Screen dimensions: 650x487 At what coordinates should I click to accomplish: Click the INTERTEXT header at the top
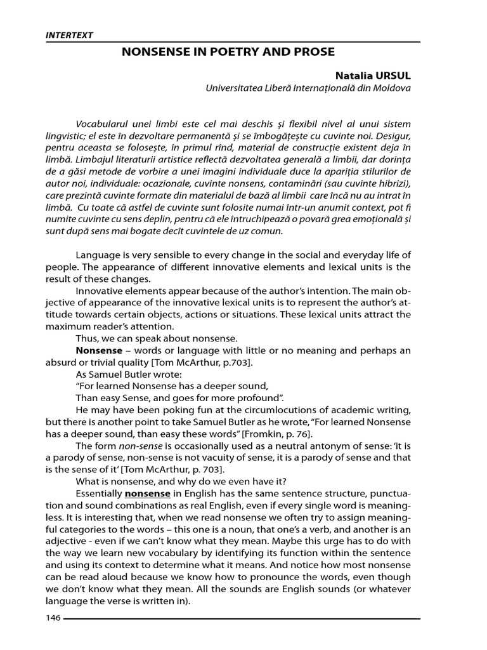[x=69, y=36]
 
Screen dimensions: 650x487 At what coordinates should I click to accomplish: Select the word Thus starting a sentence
[x=87, y=338]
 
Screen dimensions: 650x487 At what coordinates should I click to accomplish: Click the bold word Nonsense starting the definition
[x=99, y=350]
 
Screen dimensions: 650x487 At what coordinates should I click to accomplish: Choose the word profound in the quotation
[x=263, y=398]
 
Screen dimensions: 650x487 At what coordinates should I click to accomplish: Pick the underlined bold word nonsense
[x=148, y=493]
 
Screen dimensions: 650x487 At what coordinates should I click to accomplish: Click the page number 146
[x=53, y=618]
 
